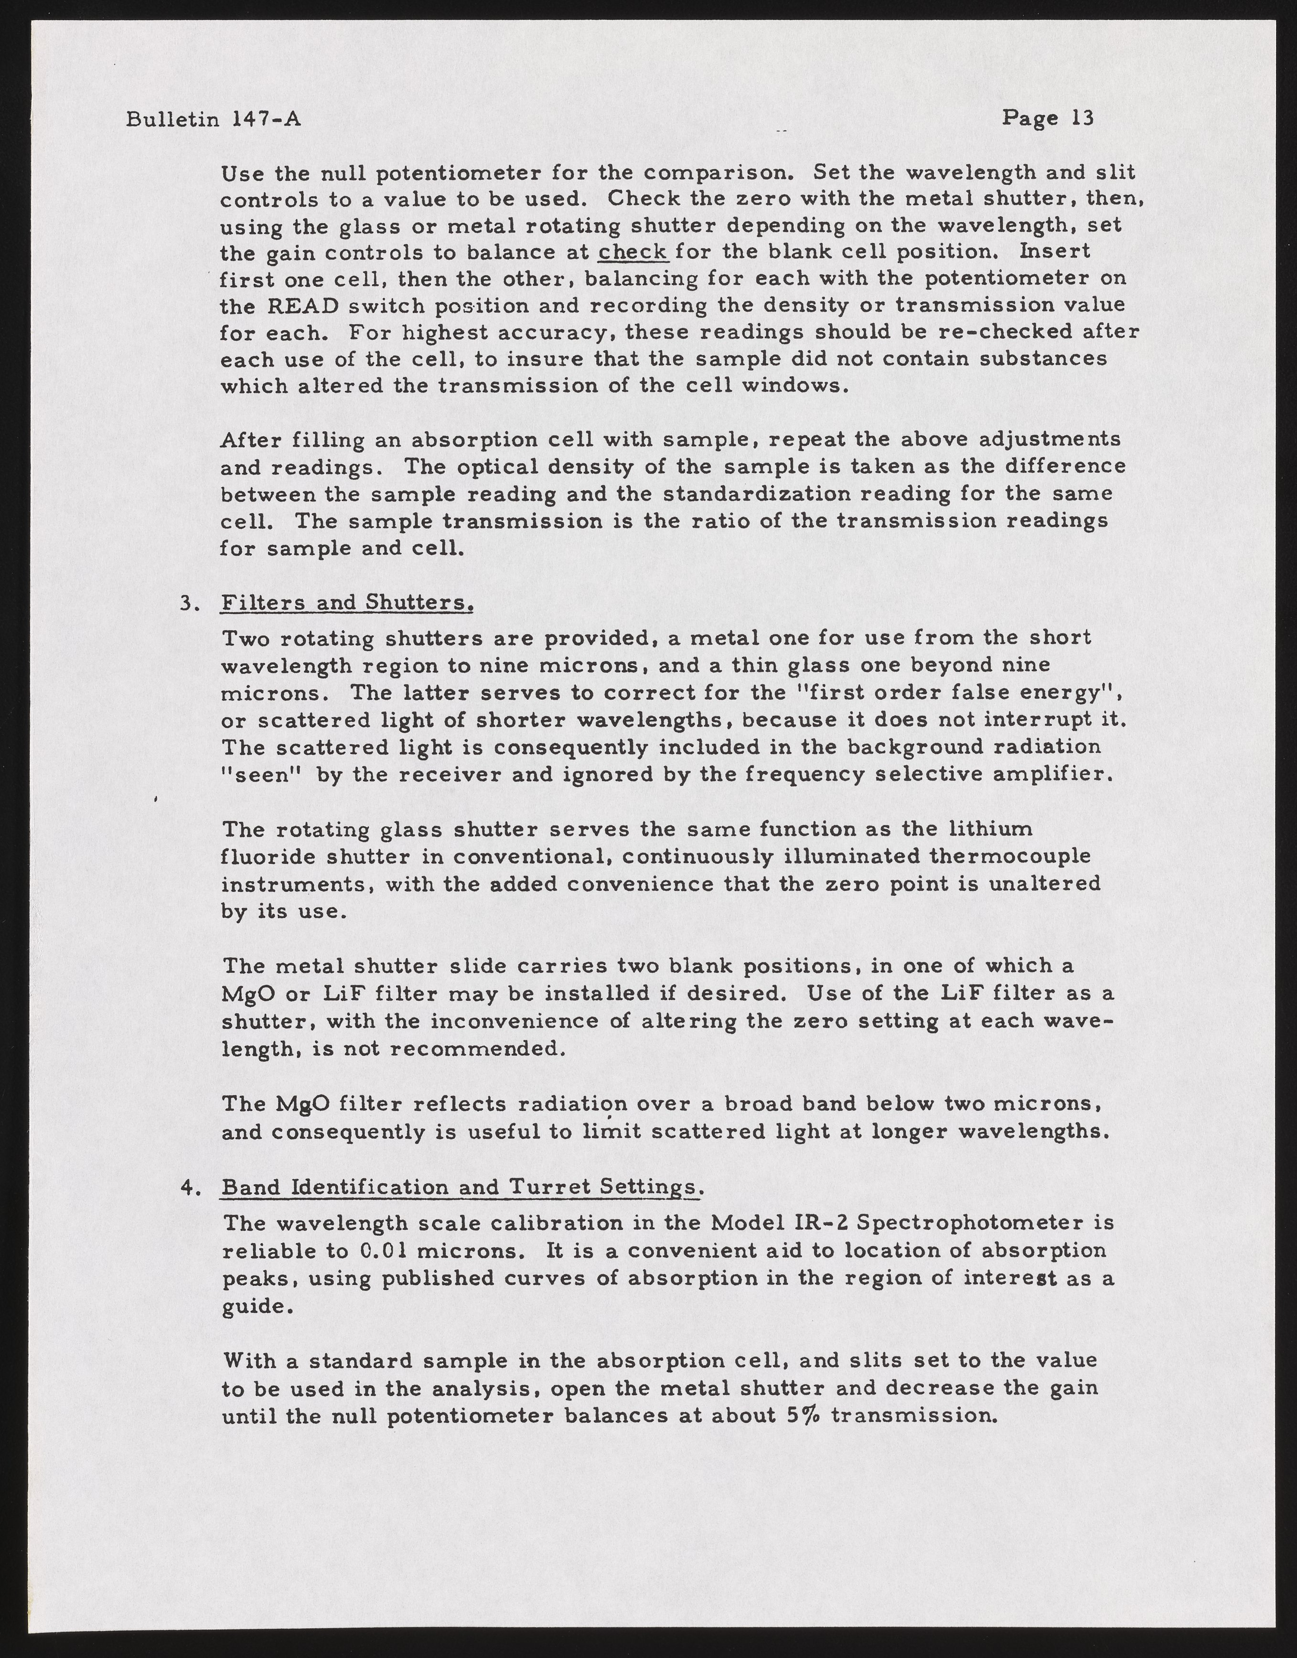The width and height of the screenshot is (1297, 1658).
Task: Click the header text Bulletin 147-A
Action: pos(214,120)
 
